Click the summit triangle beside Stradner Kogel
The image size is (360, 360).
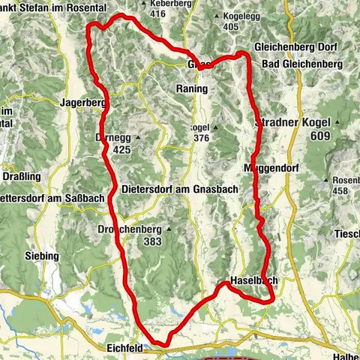[x=339, y=122]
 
